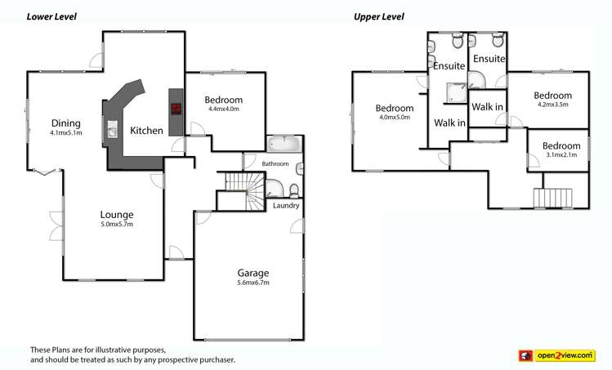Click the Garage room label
253,273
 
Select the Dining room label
65,123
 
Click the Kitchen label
147,131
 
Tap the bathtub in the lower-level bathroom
284,144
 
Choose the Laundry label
286,206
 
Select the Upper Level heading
378,16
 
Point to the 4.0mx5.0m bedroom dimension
394,118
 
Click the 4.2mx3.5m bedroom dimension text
552,105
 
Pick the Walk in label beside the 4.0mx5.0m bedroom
449,123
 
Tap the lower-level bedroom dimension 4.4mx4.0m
224,109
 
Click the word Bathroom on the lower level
275,164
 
